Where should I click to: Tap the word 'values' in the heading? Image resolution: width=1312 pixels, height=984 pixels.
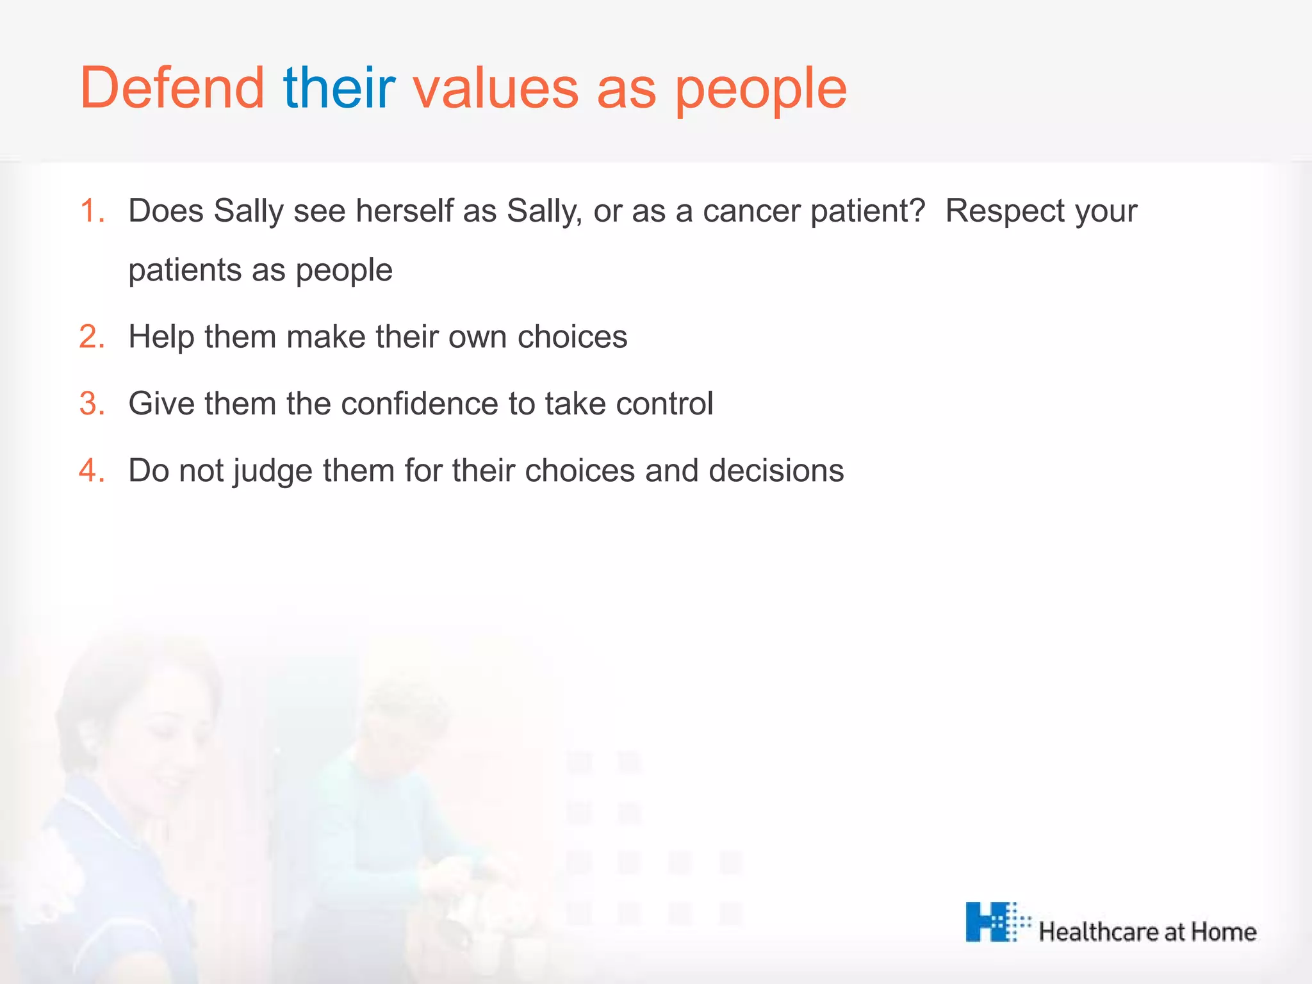496,89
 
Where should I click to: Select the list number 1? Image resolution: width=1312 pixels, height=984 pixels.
92,211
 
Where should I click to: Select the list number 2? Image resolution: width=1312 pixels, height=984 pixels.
92,337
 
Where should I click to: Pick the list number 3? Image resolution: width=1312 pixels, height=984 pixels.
92,404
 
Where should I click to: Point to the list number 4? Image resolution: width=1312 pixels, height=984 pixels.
92,471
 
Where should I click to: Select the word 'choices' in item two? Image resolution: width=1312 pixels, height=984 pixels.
572,337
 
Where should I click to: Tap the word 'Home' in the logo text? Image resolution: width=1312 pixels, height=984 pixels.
1223,932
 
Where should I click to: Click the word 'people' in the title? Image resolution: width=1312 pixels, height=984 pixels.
760,90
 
